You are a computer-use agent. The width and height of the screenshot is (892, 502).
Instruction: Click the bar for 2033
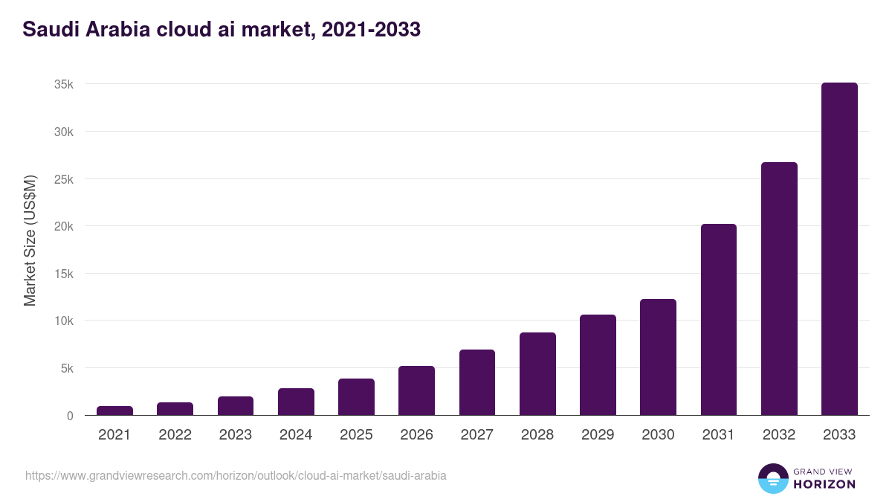[x=839, y=249]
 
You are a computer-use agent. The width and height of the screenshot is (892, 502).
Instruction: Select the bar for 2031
[x=718, y=320]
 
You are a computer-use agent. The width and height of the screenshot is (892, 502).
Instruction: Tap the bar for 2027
[x=476, y=382]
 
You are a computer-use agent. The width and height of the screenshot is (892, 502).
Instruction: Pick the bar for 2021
[x=114, y=411]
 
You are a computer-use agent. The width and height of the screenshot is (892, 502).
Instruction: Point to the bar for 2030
[x=658, y=357]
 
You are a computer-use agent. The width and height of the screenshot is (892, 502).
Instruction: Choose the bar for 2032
[x=779, y=289]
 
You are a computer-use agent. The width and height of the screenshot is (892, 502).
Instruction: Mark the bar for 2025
[x=356, y=397]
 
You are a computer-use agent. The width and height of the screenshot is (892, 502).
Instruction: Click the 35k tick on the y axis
[x=64, y=84]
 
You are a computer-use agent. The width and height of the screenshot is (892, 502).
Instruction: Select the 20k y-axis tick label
[x=64, y=226]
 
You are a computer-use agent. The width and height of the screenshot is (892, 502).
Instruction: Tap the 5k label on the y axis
[x=67, y=368]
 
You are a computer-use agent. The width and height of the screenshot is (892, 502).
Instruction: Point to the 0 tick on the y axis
[x=70, y=416]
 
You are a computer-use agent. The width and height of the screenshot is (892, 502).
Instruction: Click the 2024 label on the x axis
[x=296, y=435]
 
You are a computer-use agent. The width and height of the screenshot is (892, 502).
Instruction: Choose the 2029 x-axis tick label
[x=598, y=435]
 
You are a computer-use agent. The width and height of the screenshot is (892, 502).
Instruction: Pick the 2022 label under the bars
[x=175, y=435]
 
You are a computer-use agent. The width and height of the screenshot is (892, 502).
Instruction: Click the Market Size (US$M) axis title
[x=30, y=240]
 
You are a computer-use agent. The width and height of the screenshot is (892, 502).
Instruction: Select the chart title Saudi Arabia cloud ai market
[x=222, y=29]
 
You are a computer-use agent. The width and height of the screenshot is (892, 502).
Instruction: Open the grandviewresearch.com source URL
[x=236, y=475]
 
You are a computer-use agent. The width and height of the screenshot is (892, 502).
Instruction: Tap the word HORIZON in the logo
[x=824, y=484]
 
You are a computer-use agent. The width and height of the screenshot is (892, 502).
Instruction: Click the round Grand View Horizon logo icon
[x=772, y=478]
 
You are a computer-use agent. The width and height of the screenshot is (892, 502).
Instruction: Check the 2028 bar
[x=537, y=374]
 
